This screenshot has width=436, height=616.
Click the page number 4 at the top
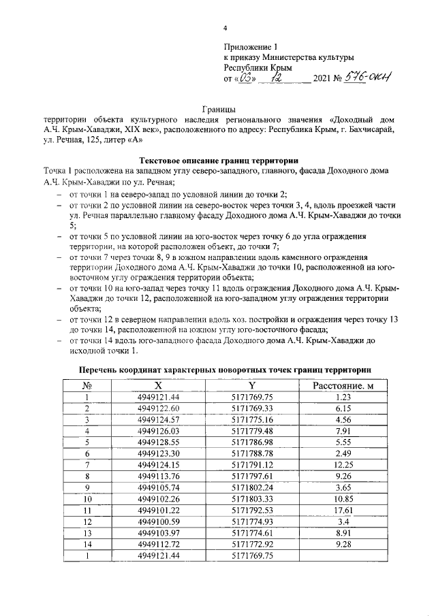coord(225,28)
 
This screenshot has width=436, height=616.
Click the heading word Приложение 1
coord(251,46)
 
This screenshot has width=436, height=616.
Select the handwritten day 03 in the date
coord(246,80)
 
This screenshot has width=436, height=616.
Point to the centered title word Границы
coord(219,108)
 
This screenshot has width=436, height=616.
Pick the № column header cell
coord(87,386)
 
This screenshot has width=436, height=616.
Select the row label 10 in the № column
coord(87,498)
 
